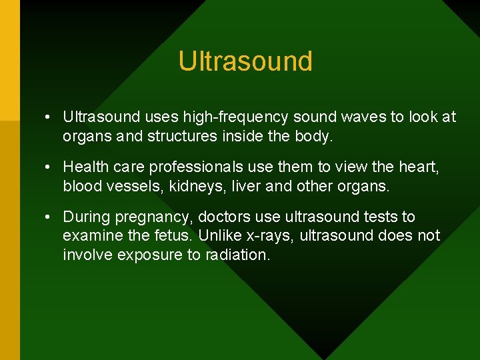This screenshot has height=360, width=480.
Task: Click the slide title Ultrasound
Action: click(245, 61)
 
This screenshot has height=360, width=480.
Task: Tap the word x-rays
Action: click(270, 236)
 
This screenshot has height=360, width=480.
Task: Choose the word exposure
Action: click(141, 255)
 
